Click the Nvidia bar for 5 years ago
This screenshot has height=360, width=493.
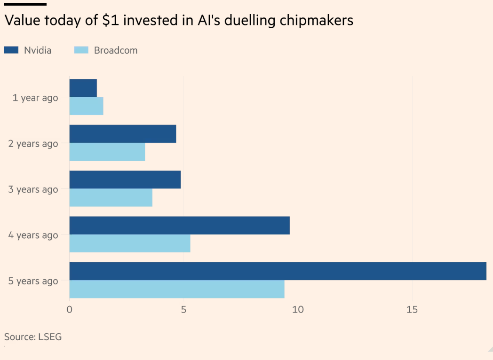278,271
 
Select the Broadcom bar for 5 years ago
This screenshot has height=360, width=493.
177,289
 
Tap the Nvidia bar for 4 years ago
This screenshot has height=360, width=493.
179,226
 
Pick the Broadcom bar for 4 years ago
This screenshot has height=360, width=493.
130,243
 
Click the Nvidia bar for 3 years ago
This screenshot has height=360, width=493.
125,180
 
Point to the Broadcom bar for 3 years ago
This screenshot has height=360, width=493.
111,197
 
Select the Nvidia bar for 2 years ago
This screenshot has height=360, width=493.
123,134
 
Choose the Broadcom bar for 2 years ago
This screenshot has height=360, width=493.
107,152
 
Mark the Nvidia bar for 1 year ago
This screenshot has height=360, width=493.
83,88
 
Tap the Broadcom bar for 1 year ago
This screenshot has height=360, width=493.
86,106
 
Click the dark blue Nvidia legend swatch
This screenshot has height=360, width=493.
11,50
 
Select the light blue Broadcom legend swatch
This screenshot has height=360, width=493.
81,50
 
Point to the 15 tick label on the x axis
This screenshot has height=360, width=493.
412,310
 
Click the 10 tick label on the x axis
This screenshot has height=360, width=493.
298,310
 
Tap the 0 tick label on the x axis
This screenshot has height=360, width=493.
70,310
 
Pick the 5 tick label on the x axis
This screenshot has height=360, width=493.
184,310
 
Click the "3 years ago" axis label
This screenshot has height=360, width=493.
33,189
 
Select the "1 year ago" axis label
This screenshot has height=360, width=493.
35,98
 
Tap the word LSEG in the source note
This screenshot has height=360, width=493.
48,337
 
